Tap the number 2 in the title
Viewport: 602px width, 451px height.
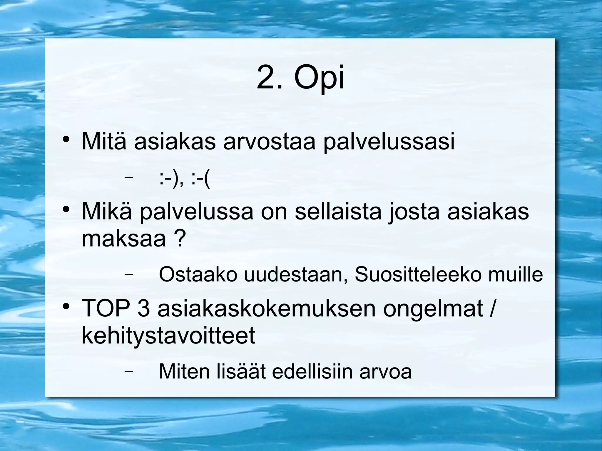point(267,78)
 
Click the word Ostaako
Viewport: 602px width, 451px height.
point(198,274)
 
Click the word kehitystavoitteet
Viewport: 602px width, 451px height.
point(168,336)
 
